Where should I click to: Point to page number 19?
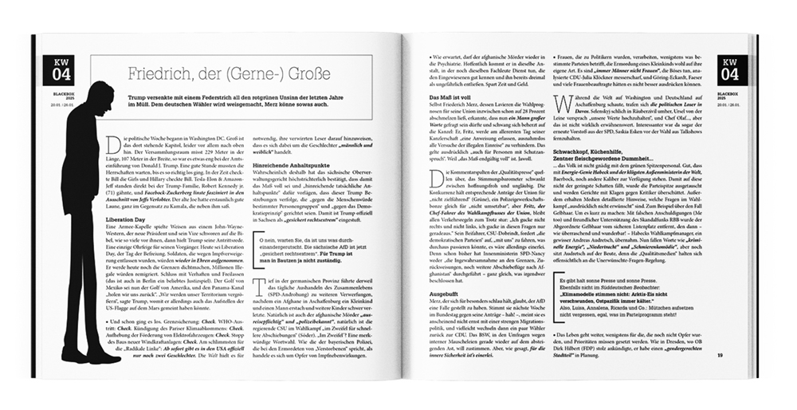[x=719, y=355]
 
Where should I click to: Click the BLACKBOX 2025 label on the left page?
[x=60, y=95]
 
